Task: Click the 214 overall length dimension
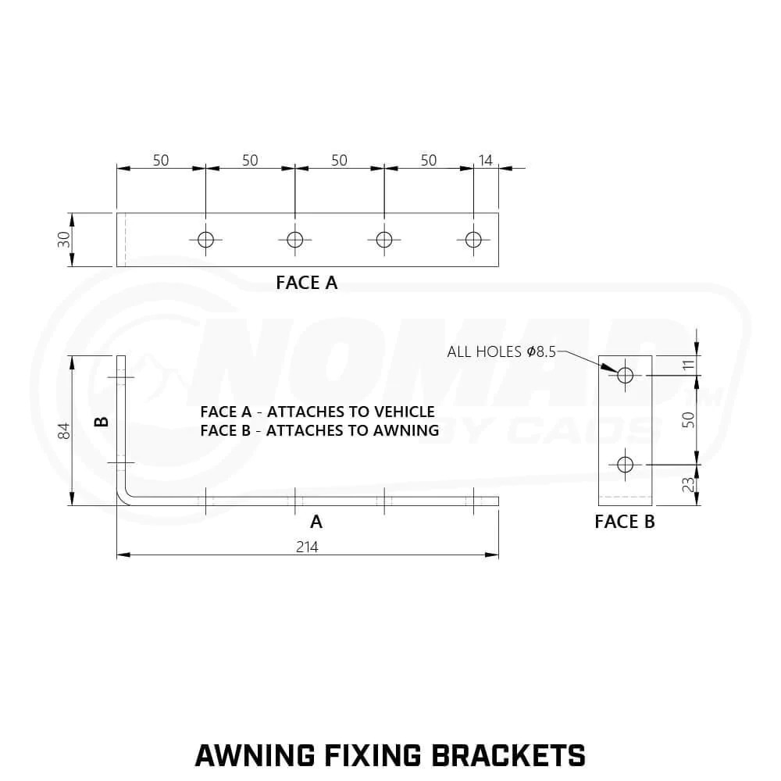(x=307, y=547)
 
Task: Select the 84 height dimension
(x=64, y=430)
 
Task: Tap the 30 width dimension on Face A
(x=64, y=240)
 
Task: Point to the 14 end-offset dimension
(x=485, y=160)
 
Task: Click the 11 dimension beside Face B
(x=688, y=365)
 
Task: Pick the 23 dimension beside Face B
(x=688, y=484)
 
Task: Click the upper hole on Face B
(x=625, y=375)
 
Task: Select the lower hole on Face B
(x=625, y=464)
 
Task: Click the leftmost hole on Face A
(x=205, y=240)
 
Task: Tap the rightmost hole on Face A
(x=473, y=240)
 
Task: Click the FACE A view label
(x=307, y=283)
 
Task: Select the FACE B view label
(x=625, y=522)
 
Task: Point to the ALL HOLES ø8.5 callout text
(x=501, y=351)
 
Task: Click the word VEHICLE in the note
(x=404, y=412)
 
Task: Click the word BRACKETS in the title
(x=508, y=755)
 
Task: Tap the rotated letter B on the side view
(x=102, y=422)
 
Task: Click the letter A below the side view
(x=316, y=522)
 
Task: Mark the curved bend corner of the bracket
(x=124, y=497)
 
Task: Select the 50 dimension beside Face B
(x=688, y=419)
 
